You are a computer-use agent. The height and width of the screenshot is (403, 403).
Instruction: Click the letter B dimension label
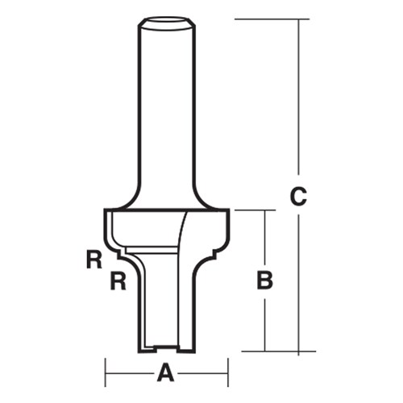264,280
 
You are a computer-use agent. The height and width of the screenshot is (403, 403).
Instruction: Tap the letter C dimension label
298,195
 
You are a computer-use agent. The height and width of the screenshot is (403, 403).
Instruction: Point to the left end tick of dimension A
106,373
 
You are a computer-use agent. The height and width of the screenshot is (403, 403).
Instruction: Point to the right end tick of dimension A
226,373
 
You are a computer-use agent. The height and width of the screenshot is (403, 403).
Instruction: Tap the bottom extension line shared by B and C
274,351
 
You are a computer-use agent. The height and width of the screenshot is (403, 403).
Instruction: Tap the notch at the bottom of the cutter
167,347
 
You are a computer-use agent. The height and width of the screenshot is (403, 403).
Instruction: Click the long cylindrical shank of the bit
168,105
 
